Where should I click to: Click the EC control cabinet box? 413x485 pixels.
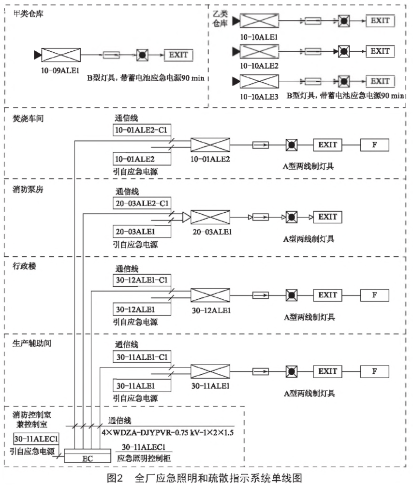point(88,457)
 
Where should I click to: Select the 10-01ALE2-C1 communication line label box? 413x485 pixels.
point(141,130)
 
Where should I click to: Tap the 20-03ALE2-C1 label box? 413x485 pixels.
point(141,202)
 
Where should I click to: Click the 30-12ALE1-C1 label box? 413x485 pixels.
point(141,280)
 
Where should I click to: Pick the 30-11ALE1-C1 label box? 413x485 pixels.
point(141,357)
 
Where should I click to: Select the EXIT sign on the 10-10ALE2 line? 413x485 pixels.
point(380,50)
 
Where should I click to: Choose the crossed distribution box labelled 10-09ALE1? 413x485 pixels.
point(60,55)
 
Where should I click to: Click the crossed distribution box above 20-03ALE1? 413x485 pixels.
point(210,217)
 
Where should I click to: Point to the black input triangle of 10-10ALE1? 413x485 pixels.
point(236,21)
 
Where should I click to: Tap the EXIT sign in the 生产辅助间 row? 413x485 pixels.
point(327,371)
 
